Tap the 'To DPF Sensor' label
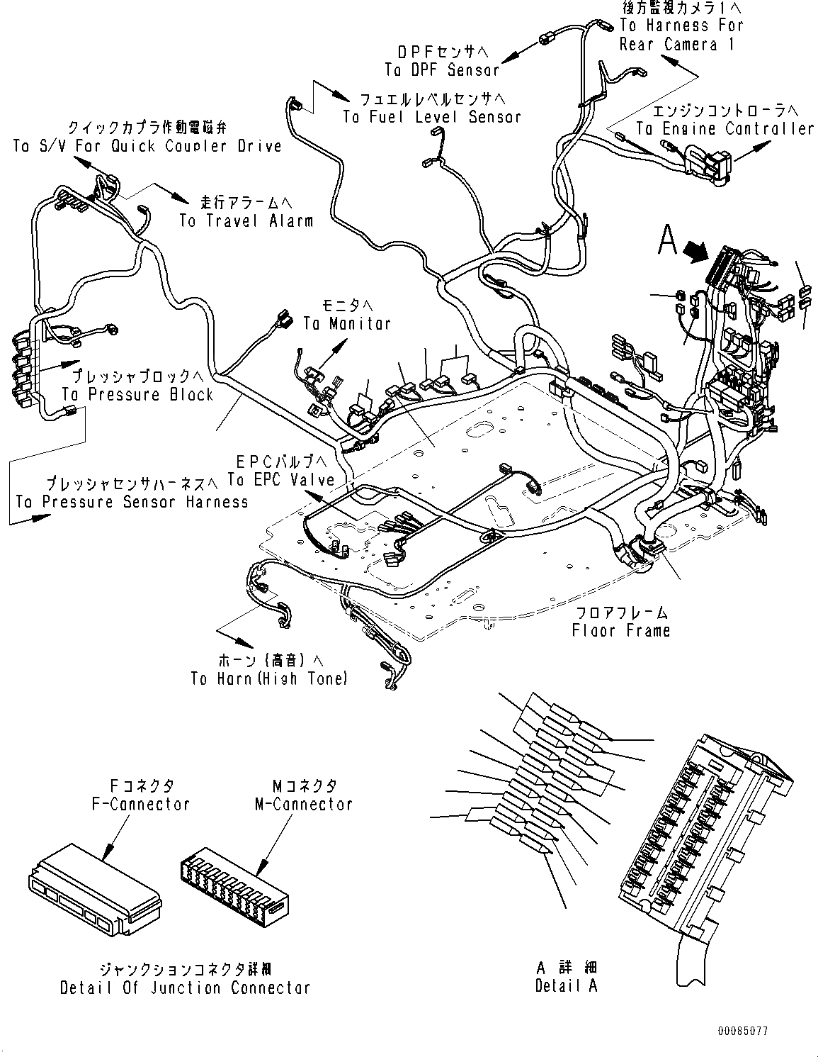coord(442,69)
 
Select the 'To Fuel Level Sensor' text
coord(432,117)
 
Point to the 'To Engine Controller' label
coord(725,128)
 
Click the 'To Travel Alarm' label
coord(246,220)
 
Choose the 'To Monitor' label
coord(347,323)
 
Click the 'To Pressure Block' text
coord(137,394)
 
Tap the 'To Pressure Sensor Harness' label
coord(132,502)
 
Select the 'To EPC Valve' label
coord(281,479)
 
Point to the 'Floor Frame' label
coord(621,630)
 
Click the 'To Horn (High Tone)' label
coord(269,678)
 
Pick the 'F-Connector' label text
coord(141,804)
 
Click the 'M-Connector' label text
coord(303,804)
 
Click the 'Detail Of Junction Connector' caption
coord(185,988)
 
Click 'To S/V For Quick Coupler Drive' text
coord(147,146)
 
